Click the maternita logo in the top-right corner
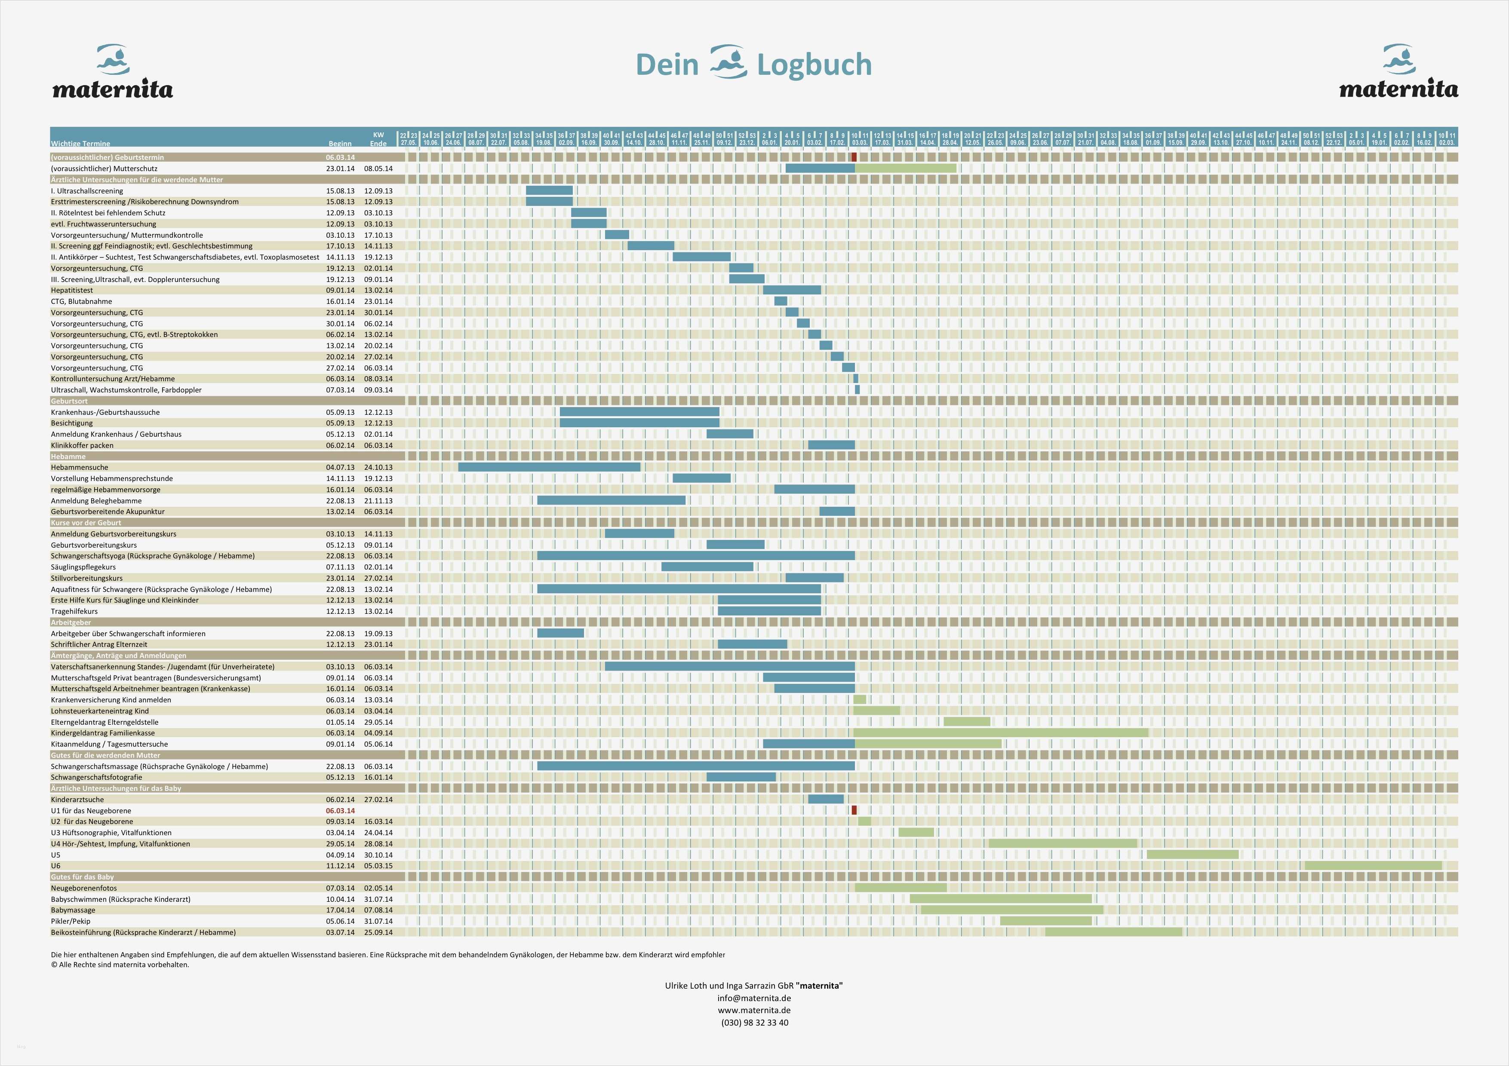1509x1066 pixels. coord(1398,72)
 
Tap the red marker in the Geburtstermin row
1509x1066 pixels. coord(854,157)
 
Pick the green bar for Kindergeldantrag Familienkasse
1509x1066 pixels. coord(1000,733)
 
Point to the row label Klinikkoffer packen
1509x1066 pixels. coord(82,445)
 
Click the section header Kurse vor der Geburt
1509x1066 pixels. coord(86,523)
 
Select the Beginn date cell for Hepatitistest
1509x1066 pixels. coord(340,290)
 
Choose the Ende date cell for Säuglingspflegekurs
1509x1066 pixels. coord(378,567)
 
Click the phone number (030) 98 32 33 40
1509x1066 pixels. coord(754,1023)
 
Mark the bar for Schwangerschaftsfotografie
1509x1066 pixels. coord(741,777)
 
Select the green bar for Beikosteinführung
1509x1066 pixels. coord(1113,932)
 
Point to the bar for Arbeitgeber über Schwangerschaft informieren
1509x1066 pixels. coord(560,633)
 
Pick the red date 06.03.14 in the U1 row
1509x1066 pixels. coord(340,811)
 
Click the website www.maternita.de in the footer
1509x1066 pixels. coord(754,1010)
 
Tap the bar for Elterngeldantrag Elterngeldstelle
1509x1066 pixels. coord(967,722)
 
